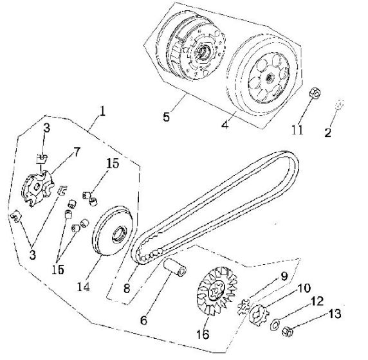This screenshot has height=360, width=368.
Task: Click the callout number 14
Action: (x=84, y=287)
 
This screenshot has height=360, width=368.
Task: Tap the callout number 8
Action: (x=127, y=288)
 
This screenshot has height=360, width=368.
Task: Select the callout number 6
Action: (x=143, y=320)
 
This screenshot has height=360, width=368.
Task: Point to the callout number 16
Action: (x=203, y=334)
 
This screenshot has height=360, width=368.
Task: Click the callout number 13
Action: (x=335, y=314)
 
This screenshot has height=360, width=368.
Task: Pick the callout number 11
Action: (x=297, y=130)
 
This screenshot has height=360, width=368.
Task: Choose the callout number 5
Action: (x=166, y=117)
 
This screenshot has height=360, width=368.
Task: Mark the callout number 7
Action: (x=77, y=152)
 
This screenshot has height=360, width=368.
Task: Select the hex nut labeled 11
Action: (x=314, y=93)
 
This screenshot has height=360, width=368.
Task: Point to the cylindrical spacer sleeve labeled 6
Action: (x=176, y=267)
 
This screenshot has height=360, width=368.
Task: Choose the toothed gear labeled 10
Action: (x=259, y=314)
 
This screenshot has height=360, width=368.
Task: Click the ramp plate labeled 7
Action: (x=38, y=188)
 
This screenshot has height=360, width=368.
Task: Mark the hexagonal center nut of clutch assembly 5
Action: (x=202, y=51)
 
